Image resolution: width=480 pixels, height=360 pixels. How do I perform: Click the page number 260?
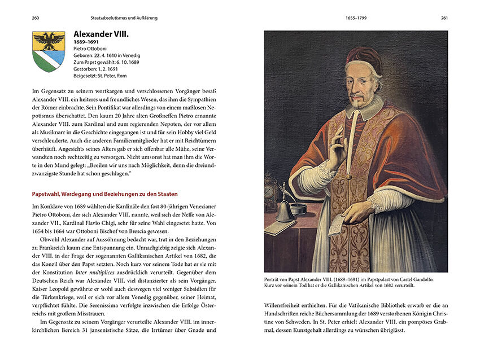pos(36,18)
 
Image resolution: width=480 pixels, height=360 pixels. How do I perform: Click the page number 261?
pos(444,18)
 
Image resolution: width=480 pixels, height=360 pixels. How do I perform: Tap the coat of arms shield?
pos(49,51)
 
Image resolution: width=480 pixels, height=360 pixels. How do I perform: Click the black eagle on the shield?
pos(49,41)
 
